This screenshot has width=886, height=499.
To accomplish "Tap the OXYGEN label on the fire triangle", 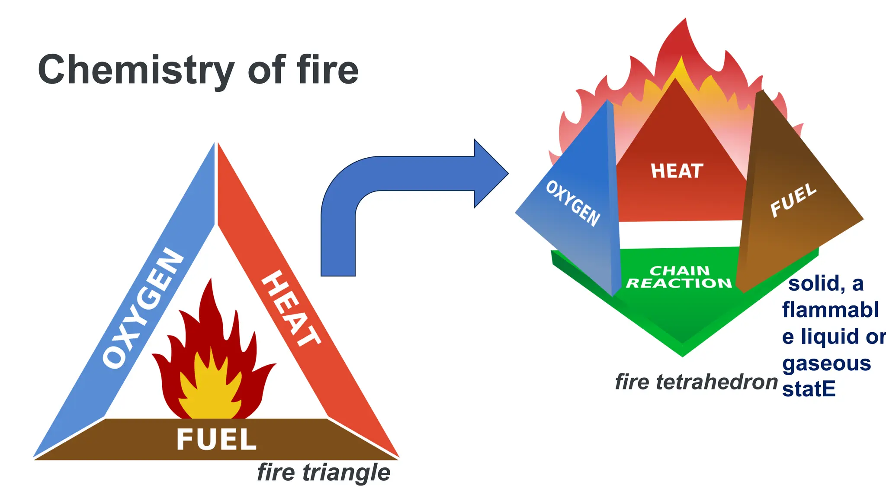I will click(143, 308).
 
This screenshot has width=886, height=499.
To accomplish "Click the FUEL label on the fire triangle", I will click(216, 439).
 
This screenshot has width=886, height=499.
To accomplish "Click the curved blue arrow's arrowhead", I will click(491, 173).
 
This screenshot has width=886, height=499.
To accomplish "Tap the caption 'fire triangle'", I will click(324, 472).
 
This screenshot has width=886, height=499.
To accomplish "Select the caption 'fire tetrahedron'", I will click(696, 382).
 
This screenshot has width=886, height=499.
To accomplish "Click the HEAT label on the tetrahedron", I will click(677, 171).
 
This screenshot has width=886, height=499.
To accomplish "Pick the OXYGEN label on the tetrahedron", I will click(573, 203).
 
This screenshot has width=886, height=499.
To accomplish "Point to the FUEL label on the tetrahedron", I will click(793, 200).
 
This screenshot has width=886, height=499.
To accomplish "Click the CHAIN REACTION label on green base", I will click(679, 277).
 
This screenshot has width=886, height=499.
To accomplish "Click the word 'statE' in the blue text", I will click(809, 389).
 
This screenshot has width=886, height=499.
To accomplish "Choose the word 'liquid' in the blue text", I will click(830, 337).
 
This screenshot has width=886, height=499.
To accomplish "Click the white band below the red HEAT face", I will click(680, 234).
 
